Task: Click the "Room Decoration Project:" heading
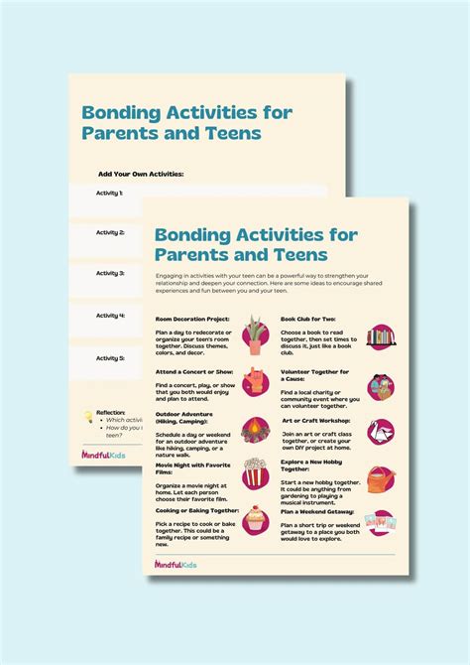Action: (x=193, y=319)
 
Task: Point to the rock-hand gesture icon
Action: (x=256, y=381)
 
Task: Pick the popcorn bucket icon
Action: (x=256, y=475)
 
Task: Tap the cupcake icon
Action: (x=256, y=520)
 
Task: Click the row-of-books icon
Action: (x=381, y=336)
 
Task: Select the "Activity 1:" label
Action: (x=109, y=193)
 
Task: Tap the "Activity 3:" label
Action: (x=109, y=273)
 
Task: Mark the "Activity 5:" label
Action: (x=109, y=357)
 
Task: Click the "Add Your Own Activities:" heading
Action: (x=141, y=174)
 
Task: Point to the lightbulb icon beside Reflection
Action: (x=88, y=416)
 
